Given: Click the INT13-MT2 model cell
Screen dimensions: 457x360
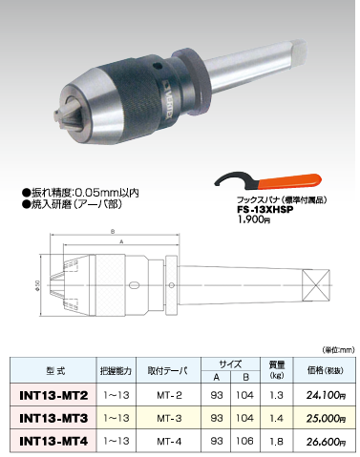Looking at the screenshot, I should (x=47, y=393).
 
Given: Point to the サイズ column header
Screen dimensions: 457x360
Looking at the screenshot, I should (x=229, y=362).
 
